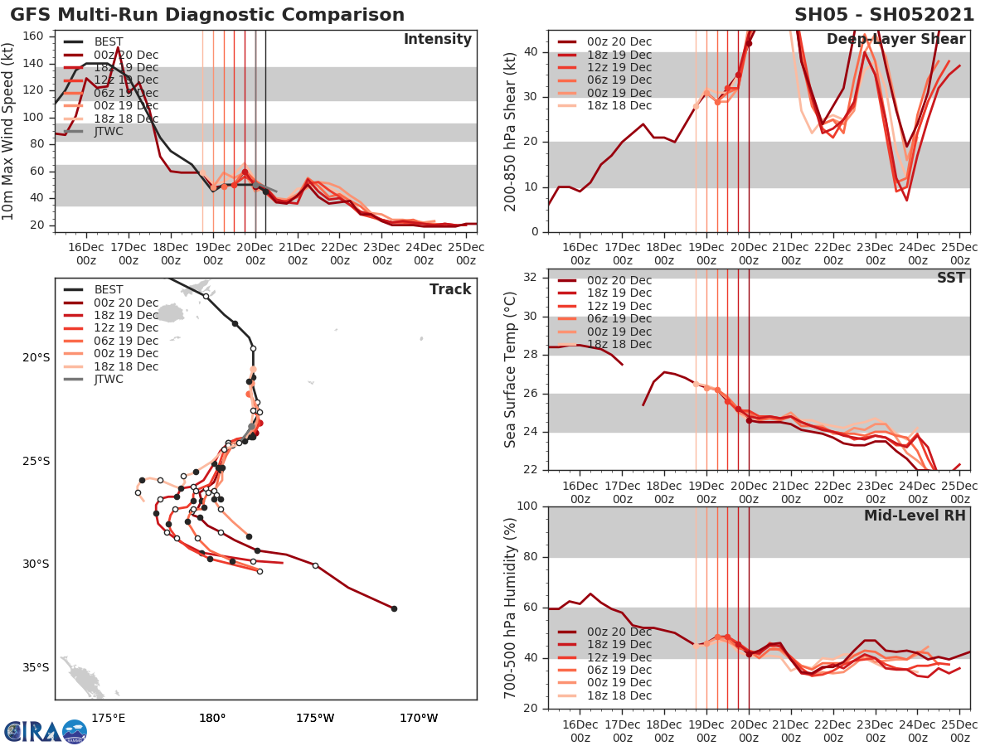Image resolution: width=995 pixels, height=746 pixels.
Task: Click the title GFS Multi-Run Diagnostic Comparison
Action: (x=207, y=15)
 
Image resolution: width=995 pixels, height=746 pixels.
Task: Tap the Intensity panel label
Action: (x=437, y=40)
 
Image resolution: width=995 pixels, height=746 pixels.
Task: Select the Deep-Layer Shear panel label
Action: (x=895, y=40)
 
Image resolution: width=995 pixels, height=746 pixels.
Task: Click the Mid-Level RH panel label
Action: (x=915, y=516)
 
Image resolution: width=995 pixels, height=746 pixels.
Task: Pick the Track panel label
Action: (x=450, y=289)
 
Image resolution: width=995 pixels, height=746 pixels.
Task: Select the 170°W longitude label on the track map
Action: (x=420, y=718)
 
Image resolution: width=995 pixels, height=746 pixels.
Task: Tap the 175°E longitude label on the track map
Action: (x=109, y=718)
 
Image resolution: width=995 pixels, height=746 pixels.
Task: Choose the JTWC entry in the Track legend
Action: (x=109, y=380)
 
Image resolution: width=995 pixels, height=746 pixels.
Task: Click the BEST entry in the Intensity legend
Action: (x=109, y=41)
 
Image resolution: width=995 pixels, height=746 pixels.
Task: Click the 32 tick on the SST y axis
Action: (x=531, y=278)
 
